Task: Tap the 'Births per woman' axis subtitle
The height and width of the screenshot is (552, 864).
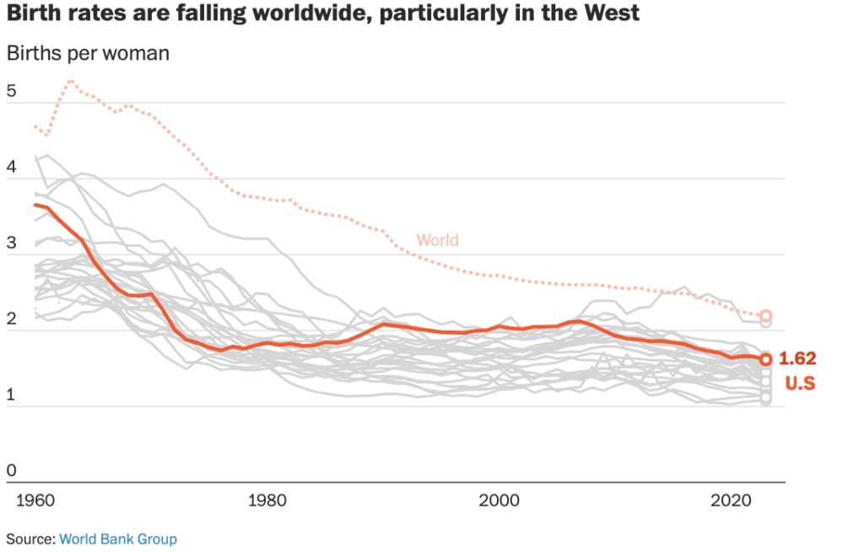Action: click(88, 53)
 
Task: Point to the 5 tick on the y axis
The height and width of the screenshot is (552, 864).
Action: click(12, 90)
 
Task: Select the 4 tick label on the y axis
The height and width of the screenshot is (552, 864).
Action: click(12, 167)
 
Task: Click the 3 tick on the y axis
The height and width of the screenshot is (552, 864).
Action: click(12, 243)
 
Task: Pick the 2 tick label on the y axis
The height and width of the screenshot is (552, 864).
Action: click(12, 319)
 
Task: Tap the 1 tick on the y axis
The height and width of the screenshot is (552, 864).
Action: click(12, 394)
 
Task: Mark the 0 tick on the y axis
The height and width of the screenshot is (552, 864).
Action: click(12, 469)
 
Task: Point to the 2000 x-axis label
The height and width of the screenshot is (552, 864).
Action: click(499, 500)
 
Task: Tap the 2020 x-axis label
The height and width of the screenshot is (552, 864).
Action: click(732, 500)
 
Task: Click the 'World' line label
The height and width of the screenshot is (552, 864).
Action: click(438, 240)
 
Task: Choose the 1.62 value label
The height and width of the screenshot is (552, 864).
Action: click(797, 359)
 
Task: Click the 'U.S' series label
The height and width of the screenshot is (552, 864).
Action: click(801, 384)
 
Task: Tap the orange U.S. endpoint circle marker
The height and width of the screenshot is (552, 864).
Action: click(765, 360)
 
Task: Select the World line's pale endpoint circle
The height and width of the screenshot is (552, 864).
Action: click(766, 316)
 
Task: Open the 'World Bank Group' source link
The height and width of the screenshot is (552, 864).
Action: click(118, 539)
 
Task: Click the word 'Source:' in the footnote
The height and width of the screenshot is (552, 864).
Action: click(30, 539)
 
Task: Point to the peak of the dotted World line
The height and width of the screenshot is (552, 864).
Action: click(71, 82)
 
